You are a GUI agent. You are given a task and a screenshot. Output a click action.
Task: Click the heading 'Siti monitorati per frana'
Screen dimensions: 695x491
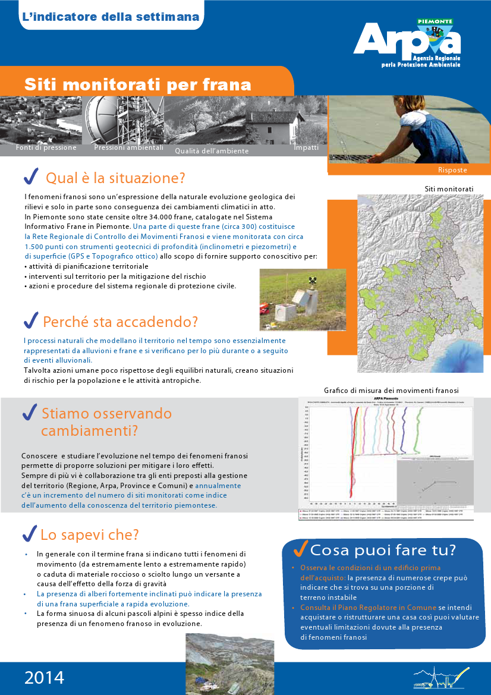pyautogui.click(x=137, y=84)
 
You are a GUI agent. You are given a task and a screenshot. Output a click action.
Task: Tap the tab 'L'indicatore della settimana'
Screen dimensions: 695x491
pyautogui.click(x=110, y=17)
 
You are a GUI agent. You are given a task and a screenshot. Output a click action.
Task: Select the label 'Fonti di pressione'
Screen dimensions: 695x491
pyautogui.click(x=46, y=147)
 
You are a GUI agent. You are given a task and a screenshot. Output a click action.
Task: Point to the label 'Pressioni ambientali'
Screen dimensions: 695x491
pyautogui.click(x=128, y=147)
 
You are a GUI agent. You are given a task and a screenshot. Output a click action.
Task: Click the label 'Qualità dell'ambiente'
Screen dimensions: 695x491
pyautogui.click(x=212, y=151)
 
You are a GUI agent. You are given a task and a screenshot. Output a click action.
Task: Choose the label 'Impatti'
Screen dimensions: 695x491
pyautogui.click(x=306, y=147)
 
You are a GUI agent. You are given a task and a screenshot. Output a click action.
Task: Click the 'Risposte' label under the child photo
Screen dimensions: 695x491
pyautogui.click(x=452, y=170)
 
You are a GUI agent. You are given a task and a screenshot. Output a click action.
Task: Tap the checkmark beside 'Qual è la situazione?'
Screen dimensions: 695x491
pyautogui.click(x=31, y=177)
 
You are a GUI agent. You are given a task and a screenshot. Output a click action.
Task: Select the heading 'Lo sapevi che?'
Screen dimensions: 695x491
pyautogui.click(x=89, y=534)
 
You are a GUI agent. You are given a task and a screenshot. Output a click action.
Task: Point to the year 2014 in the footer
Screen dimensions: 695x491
pyautogui.click(x=45, y=677)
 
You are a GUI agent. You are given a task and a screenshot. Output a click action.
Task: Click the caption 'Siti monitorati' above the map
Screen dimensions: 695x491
pyautogui.click(x=449, y=189)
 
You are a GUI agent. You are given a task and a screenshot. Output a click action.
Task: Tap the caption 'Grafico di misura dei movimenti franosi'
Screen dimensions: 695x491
pyautogui.click(x=391, y=391)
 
